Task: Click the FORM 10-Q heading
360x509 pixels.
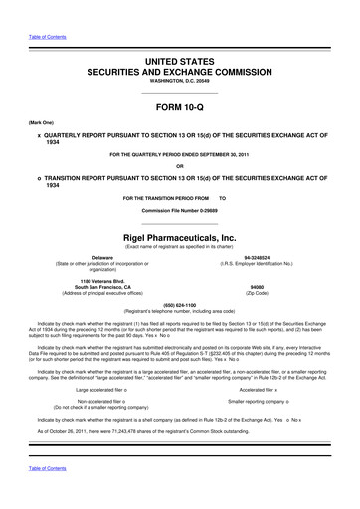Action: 179,107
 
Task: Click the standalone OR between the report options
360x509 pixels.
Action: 179,164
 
